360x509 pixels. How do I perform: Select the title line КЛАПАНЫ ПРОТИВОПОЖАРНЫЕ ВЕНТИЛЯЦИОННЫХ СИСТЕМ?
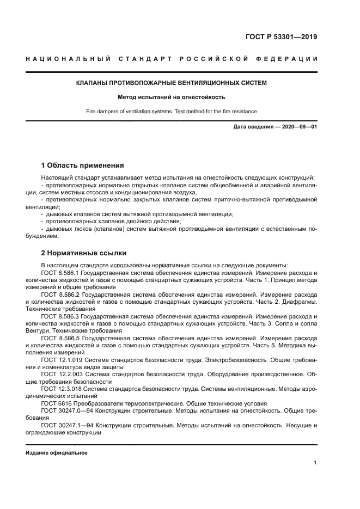pyautogui.click(x=171, y=83)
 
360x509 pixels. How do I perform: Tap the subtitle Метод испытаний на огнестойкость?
pyautogui.click(x=171, y=97)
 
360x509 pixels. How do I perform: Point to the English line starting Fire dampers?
pyautogui.click(x=171, y=112)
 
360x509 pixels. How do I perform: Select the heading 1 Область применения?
pyautogui.click(x=82, y=165)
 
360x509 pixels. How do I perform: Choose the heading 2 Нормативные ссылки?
pyautogui.click(x=84, y=253)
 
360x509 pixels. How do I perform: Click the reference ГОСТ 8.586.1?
pyautogui.click(x=60, y=272)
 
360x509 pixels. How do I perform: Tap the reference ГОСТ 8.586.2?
pyautogui.click(x=60, y=294)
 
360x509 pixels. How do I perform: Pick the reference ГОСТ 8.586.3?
pyautogui.click(x=60, y=316)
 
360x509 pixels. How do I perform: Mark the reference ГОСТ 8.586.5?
pyautogui.click(x=60, y=338)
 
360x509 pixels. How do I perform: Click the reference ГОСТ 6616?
pyautogui.click(x=53, y=403)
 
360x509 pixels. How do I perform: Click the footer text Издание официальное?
pyautogui.click(x=56, y=453)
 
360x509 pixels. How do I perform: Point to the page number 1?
pyautogui.click(x=315, y=463)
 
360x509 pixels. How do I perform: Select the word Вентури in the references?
pyautogui.click(x=52, y=330)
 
